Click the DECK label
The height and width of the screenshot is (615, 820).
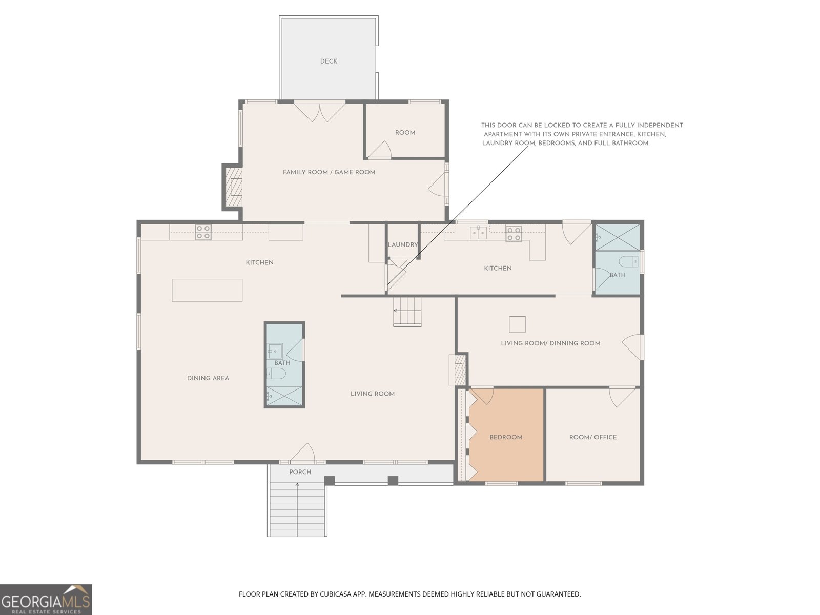coord(329,61)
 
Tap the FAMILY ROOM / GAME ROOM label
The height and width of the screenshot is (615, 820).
coord(329,172)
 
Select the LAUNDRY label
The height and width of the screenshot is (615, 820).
coord(403,244)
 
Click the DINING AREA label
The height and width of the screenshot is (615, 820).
coord(208,378)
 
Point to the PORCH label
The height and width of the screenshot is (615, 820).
coord(300,472)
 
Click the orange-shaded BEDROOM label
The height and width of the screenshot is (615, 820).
coord(506,437)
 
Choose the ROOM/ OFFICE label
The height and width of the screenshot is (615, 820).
coord(593,437)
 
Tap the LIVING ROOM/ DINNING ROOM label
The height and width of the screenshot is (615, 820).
coord(550,343)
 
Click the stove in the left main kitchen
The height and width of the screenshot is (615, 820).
coord(203,232)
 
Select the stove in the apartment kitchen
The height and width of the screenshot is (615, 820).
coord(514,233)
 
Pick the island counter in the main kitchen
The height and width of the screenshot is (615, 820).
coord(207,290)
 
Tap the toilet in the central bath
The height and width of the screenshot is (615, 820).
coord(276,373)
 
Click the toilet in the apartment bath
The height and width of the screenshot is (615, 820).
coord(628,262)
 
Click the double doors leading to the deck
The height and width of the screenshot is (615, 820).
coord(319,111)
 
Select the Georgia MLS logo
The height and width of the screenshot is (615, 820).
coord(46,600)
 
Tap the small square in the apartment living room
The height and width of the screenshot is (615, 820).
coord(518,324)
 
